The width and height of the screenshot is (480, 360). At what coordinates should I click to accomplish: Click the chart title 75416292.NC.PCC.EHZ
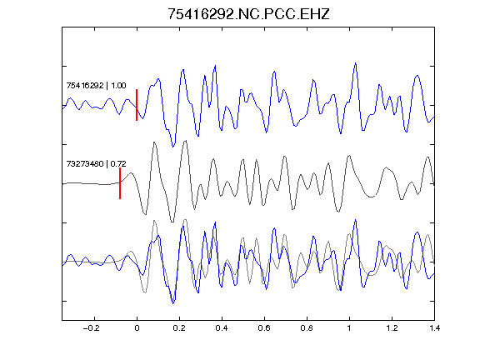point(248,14)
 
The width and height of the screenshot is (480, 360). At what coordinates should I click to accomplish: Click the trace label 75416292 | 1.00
point(96,85)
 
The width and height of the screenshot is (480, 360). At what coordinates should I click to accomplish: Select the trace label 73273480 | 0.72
point(96,164)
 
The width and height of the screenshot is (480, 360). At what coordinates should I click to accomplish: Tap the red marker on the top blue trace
point(137,105)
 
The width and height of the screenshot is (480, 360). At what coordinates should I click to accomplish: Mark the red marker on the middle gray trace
point(120,183)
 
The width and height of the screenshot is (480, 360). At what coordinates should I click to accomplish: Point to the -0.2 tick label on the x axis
point(91,328)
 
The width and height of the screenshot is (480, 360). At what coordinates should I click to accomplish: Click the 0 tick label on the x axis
point(137,328)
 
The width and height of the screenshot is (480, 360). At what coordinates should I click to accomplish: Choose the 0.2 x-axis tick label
point(179,328)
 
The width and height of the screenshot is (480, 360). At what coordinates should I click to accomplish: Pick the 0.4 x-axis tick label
point(222,328)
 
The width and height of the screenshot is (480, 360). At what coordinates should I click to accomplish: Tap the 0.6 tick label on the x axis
point(264,328)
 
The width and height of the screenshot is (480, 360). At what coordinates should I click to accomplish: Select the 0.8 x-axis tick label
point(307,328)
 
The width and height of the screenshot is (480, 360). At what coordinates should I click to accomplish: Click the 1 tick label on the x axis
point(349,328)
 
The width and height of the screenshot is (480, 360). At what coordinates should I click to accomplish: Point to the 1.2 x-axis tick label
point(392,328)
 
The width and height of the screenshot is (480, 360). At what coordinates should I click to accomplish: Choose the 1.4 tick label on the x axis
point(434,328)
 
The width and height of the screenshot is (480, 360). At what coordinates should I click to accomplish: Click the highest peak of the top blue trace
point(355,63)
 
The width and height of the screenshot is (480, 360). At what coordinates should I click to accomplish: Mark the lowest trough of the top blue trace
point(173,147)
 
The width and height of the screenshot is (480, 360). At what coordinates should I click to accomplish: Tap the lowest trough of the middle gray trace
point(172,222)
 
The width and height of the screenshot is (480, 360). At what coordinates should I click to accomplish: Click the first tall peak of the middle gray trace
point(155,142)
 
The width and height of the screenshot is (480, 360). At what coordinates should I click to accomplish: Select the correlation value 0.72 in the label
point(118,164)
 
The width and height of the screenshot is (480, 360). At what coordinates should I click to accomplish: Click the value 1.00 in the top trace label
point(118,85)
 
